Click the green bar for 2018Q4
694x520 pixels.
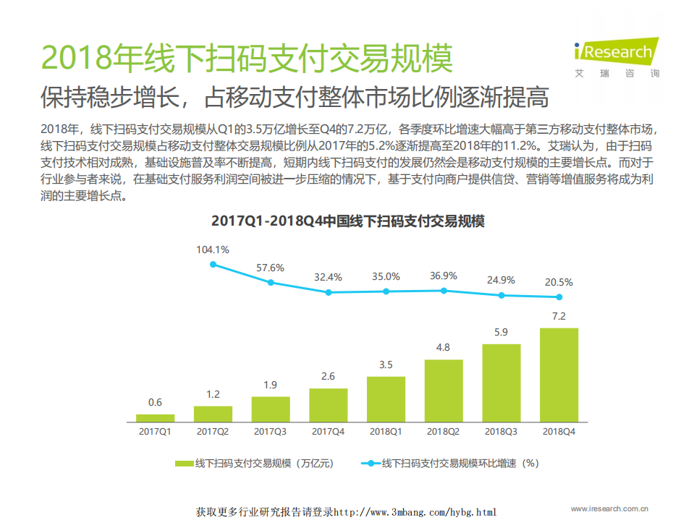[559, 375]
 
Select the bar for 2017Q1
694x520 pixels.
[155, 418]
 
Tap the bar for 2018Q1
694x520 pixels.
[386, 398]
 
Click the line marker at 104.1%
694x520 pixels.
[213, 264]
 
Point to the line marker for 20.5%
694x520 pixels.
[559, 297]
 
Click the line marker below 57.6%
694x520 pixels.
[271, 282]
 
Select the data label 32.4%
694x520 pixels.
[328, 277]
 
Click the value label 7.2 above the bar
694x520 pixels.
[559, 316]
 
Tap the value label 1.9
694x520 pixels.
[271, 385]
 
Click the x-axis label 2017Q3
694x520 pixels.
[271, 431]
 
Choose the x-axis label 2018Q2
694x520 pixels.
[444, 431]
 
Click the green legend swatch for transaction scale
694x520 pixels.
[184, 463]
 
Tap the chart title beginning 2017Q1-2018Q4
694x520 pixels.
[347, 221]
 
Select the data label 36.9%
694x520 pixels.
[444, 276]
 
